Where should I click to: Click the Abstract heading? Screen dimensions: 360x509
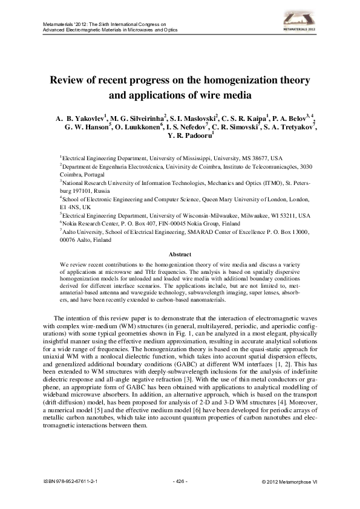tap(180, 254)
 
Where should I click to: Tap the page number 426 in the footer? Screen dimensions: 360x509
tap(180, 482)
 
